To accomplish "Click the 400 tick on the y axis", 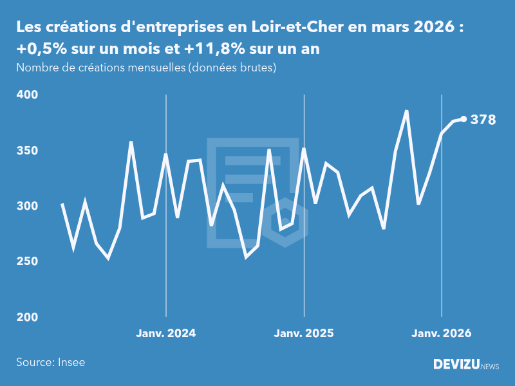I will pos(28,95).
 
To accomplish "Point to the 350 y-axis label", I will pos(28,151).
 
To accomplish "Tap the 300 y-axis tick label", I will pos(28,206).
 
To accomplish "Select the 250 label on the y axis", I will pos(28,262).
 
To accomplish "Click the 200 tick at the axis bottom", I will pos(28,317).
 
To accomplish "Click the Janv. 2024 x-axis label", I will pos(166,333).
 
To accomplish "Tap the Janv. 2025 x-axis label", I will pos(304,333).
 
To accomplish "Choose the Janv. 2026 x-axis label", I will pos(442,333).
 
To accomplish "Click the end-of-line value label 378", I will pos(483,119).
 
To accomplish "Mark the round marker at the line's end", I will pos(464,119).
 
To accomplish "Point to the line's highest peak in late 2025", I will pos(407,111).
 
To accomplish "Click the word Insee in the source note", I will pos(70,362).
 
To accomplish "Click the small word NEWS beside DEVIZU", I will pos(490,366).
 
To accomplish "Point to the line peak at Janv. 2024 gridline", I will pos(166,154).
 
